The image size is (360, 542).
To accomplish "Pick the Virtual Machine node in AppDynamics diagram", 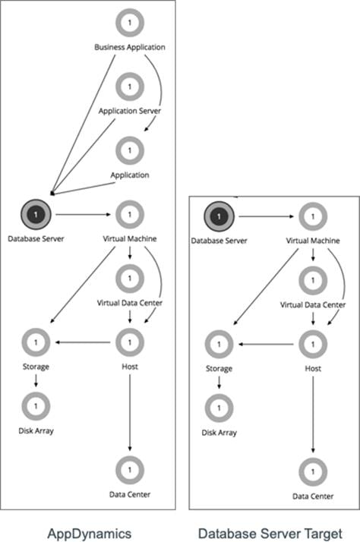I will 129,215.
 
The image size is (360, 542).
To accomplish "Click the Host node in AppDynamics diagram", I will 129,343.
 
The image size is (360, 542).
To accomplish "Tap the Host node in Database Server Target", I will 311,344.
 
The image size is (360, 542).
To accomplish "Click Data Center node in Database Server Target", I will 311,471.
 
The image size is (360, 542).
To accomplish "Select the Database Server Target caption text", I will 269,532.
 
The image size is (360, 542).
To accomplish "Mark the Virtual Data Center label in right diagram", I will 311,304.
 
